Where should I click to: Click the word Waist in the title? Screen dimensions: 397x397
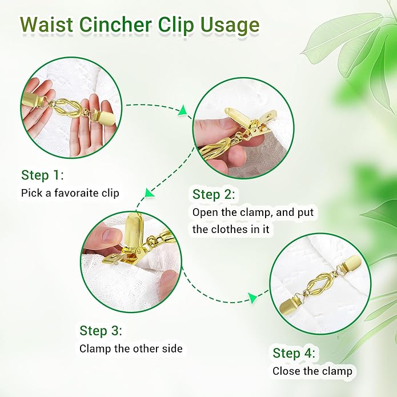[x=47, y=25]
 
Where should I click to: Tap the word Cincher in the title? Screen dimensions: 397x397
[x=115, y=25]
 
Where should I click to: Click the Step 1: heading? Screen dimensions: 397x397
[x=42, y=175]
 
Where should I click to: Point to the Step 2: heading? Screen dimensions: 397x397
[x=214, y=194]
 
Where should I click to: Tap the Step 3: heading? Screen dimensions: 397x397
[x=101, y=330]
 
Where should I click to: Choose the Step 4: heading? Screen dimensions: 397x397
[x=294, y=353]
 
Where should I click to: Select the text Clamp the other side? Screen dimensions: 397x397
[x=131, y=348]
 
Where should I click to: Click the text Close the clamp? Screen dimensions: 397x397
[x=312, y=371]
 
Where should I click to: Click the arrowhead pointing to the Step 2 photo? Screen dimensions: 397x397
[x=183, y=111]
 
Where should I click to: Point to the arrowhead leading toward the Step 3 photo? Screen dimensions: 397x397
[x=150, y=193]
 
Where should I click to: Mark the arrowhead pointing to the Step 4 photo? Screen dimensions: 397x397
[x=253, y=298]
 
